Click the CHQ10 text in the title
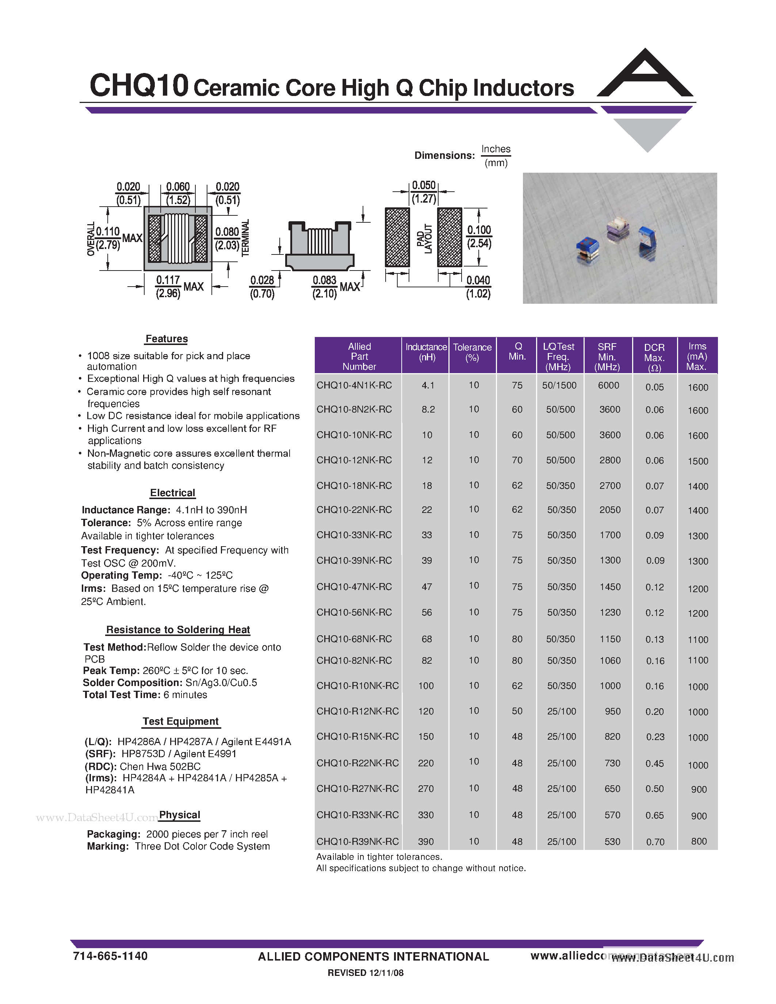click(139, 85)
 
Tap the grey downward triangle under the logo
click(647, 133)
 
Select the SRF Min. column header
click(607, 356)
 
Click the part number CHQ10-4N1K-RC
click(354, 385)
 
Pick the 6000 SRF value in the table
click(608, 385)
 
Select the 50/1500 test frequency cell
click(559, 385)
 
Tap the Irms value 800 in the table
click(698, 841)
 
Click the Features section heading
click(167, 339)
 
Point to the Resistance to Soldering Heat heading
click(178, 629)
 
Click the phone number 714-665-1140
click(110, 956)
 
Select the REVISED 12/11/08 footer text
click(366, 973)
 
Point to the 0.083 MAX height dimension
click(335, 286)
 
